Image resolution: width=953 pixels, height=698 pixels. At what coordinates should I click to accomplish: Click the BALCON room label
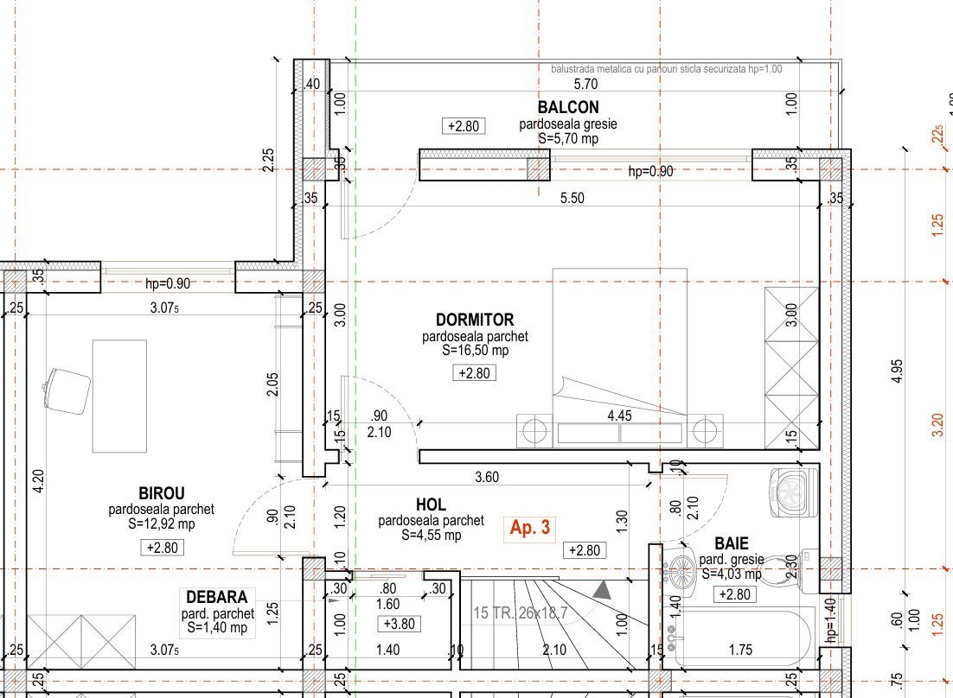pyautogui.click(x=568, y=107)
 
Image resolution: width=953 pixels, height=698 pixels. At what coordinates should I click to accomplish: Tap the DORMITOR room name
pyautogui.click(x=475, y=320)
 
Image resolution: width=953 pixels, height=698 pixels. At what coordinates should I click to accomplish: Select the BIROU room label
pyautogui.click(x=162, y=493)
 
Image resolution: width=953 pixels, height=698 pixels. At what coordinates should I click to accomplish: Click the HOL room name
pyautogui.click(x=431, y=504)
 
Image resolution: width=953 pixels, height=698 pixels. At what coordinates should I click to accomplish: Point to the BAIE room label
pyautogui.click(x=731, y=543)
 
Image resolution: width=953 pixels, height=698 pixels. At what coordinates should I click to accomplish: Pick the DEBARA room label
pyautogui.click(x=217, y=597)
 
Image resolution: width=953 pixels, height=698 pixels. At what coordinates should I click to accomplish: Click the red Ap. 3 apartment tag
pyautogui.click(x=530, y=527)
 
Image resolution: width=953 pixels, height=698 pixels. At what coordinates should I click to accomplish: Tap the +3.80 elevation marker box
pyautogui.click(x=400, y=624)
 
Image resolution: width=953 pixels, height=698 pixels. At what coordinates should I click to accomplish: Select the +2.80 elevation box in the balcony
pyautogui.click(x=464, y=126)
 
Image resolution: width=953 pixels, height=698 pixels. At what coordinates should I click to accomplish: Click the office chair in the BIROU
pyautogui.click(x=67, y=390)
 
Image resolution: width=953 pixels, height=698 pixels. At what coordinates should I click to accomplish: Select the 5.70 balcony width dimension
pyautogui.click(x=586, y=84)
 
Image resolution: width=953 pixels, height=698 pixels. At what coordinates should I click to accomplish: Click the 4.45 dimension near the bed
pyautogui.click(x=619, y=416)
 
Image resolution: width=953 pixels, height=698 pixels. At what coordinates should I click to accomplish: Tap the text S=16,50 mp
pyautogui.click(x=476, y=350)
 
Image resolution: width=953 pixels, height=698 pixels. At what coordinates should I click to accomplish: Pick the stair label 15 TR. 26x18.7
pyautogui.click(x=521, y=613)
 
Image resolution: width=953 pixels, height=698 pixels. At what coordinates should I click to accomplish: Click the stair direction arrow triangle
pyautogui.click(x=602, y=591)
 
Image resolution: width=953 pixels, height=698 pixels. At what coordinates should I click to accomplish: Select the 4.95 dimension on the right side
pyautogui.click(x=898, y=371)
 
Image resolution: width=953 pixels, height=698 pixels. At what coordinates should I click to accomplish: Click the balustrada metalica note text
pyautogui.click(x=667, y=69)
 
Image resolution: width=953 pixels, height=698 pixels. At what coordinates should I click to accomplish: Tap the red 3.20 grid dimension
pyautogui.click(x=937, y=425)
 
